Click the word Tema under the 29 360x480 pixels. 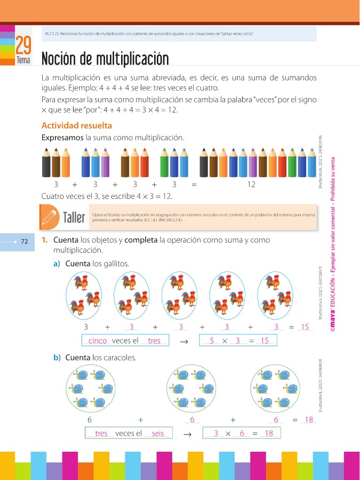click(x=23, y=61)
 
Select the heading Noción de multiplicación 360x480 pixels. click(x=105, y=58)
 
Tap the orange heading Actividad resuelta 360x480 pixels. click(x=76, y=126)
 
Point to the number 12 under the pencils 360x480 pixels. click(x=252, y=185)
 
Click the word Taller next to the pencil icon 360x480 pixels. click(x=74, y=218)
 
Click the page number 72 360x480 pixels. click(x=23, y=242)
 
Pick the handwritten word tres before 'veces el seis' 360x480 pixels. click(x=101, y=434)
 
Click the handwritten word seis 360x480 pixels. click(x=158, y=434)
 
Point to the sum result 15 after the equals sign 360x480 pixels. click(x=306, y=327)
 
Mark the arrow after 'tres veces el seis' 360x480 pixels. click(x=187, y=434)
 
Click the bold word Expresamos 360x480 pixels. click(x=62, y=138)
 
